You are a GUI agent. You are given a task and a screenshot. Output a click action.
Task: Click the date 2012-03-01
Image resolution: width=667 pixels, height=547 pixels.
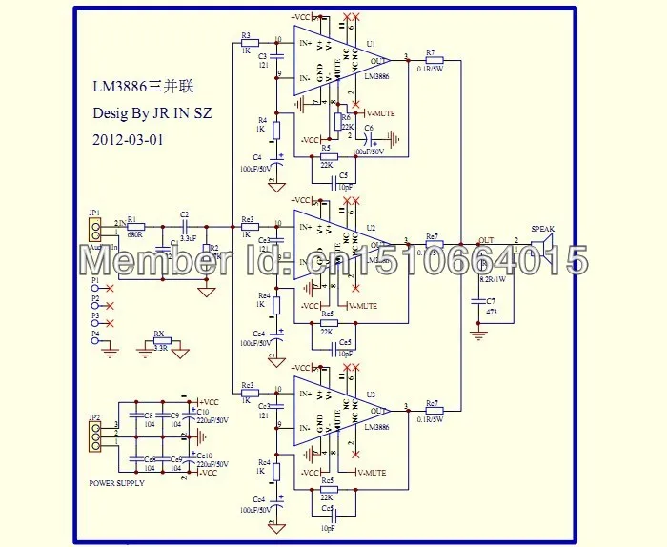128,138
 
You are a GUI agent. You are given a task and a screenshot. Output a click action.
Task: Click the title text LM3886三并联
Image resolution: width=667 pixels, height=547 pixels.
139,86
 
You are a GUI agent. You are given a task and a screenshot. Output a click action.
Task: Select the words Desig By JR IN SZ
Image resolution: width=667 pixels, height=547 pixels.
152,112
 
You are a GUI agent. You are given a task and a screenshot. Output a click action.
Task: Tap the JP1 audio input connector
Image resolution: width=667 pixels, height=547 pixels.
94,229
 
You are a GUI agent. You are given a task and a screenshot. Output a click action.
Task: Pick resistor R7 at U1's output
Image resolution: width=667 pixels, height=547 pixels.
435,59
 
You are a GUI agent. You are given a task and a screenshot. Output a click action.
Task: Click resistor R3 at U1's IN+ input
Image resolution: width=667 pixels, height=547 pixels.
247,43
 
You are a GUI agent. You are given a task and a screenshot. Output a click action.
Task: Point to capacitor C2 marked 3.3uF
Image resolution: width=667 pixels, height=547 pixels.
184,226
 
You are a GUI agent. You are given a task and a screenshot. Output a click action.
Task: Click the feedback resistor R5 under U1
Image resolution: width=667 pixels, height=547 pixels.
329,157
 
